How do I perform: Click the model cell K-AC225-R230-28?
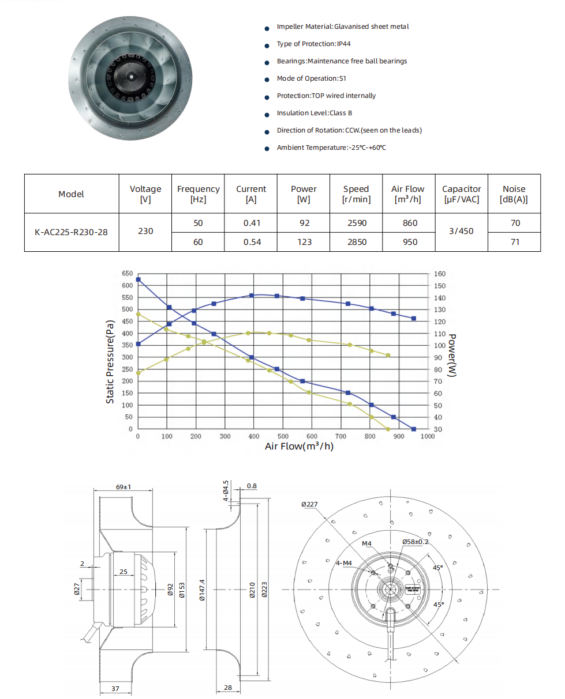pyautogui.click(x=72, y=233)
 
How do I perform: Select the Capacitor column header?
pyautogui.click(x=461, y=194)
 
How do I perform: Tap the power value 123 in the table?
pyautogui.click(x=304, y=242)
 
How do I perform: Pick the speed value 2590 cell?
pyautogui.click(x=356, y=223)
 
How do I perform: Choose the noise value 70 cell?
pyautogui.click(x=515, y=223)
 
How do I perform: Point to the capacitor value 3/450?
pyautogui.click(x=461, y=232)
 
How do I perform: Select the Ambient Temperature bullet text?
pyautogui.click(x=331, y=148)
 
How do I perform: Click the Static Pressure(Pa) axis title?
pyautogui.click(x=110, y=362)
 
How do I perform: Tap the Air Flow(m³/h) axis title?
pyautogui.click(x=299, y=446)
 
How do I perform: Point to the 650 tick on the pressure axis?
pyautogui.click(x=127, y=274)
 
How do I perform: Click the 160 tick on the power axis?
pyautogui.click(x=440, y=274)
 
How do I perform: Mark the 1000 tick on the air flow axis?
pyautogui.click(x=427, y=437)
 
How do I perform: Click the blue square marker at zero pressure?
pyautogui.click(x=414, y=429)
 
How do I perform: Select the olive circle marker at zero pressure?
pyautogui.click(x=388, y=429)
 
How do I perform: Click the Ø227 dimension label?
pyautogui.click(x=309, y=504)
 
